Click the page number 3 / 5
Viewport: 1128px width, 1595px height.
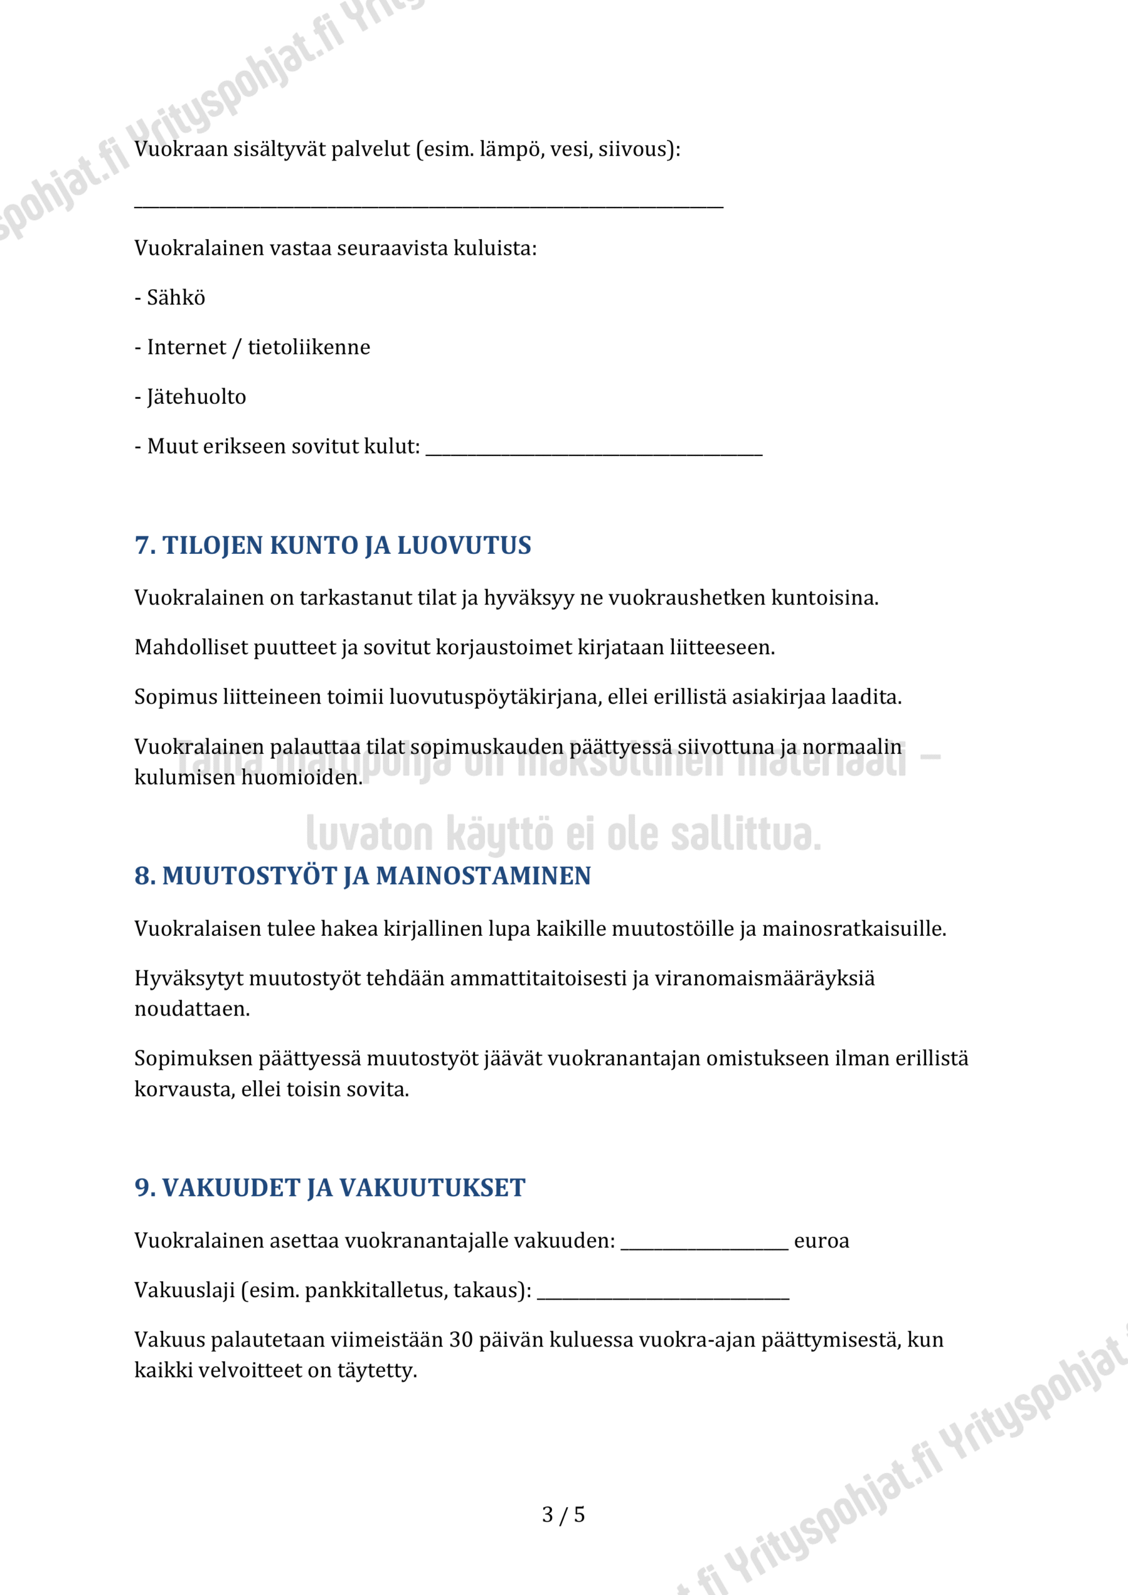[563, 1515]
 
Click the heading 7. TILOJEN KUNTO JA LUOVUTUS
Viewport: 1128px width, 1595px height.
[333, 545]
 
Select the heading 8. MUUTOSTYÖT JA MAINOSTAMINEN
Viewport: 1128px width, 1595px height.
[363, 876]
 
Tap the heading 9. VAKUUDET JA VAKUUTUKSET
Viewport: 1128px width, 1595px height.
[330, 1188]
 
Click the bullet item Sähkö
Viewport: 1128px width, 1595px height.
[176, 297]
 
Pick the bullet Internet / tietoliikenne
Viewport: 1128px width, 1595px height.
[258, 346]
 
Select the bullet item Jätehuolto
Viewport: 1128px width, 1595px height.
[196, 397]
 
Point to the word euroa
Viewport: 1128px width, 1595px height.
[821, 1240]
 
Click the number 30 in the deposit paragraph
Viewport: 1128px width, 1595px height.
[461, 1340]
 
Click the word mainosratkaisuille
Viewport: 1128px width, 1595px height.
[854, 929]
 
